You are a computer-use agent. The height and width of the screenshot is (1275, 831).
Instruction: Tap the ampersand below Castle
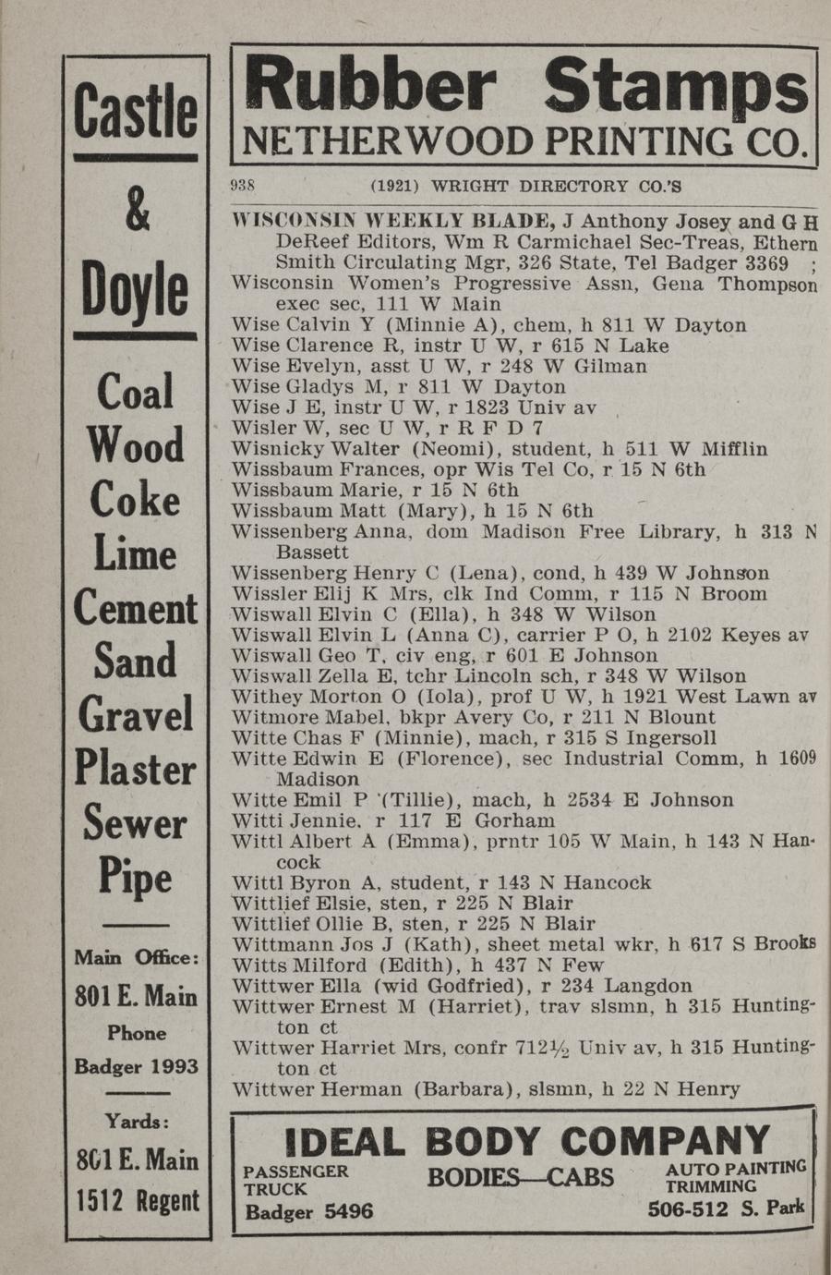(137, 211)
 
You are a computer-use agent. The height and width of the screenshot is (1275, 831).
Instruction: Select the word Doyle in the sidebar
(137, 289)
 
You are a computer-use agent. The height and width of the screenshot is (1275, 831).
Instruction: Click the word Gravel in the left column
(137, 714)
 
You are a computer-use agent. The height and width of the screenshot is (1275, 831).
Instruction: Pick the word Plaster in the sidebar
(137, 768)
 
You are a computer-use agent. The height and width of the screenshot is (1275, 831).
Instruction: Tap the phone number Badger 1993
(137, 1066)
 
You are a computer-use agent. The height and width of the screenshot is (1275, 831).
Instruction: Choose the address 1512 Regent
(138, 1200)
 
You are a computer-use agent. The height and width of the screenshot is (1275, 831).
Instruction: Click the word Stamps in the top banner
(676, 87)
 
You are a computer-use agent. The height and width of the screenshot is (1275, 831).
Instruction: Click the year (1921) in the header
(394, 186)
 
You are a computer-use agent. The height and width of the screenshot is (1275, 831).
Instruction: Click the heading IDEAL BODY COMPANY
(527, 1141)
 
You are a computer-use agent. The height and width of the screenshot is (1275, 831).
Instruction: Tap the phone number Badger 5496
(309, 1211)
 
